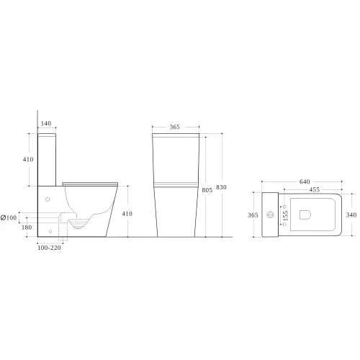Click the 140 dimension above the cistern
[46, 123]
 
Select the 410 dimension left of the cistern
[28, 159]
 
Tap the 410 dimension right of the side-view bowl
[127, 214]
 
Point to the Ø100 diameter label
[9, 218]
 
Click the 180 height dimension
[27, 228]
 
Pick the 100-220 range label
[49, 248]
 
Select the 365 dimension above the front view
[174, 127]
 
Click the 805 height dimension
[207, 190]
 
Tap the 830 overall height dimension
[221, 187]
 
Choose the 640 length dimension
[305, 181]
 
